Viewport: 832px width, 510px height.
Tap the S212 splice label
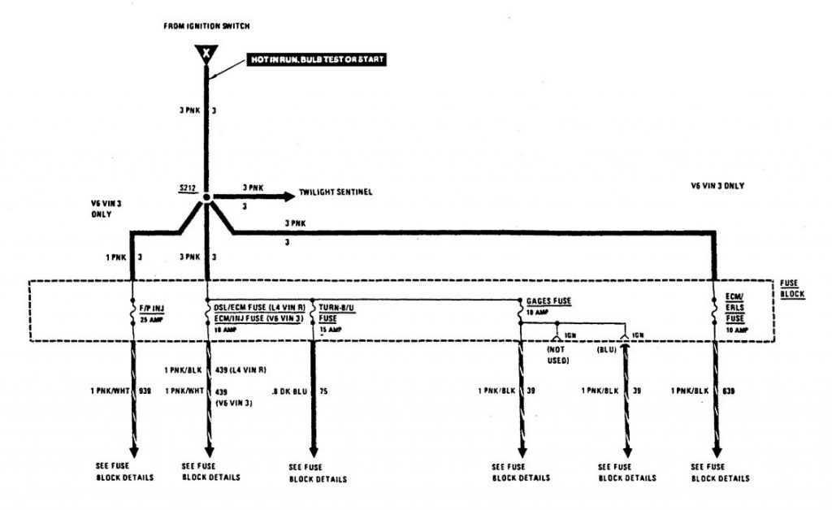189,189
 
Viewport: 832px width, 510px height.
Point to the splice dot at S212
207,197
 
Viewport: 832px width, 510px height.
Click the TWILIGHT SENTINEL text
336,192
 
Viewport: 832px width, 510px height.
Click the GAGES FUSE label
549,300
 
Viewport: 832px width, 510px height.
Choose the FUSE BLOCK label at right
792,288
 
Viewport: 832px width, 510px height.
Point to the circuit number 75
325,391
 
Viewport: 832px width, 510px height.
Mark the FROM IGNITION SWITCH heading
206,26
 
